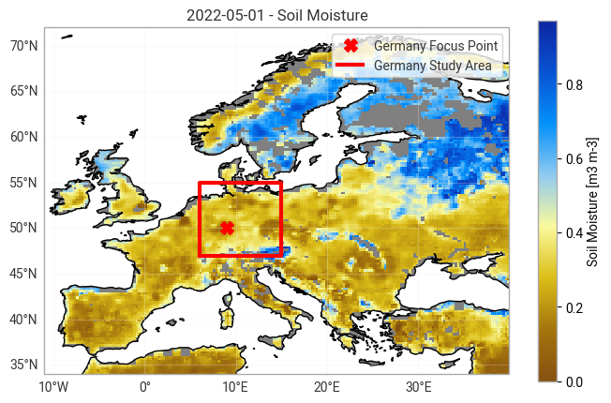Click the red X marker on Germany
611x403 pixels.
coord(227,228)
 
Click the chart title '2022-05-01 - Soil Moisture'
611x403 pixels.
coord(277,15)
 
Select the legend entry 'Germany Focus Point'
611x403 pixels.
coord(436,46)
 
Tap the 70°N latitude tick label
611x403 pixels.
coord(23,45)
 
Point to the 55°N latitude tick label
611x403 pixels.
coord(23,182)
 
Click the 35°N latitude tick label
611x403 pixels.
coord(23,365)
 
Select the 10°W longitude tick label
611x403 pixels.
coord(53,387)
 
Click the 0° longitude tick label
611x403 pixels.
coord(144,387)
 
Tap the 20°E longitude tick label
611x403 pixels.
coord(327,387)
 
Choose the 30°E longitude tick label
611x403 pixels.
coord(418,387)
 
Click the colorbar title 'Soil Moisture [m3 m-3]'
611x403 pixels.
coord(592,201)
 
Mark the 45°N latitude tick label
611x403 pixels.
coord(23,274)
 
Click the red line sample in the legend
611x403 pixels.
coord(351,66)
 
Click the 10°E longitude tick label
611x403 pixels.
coord(235,387)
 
